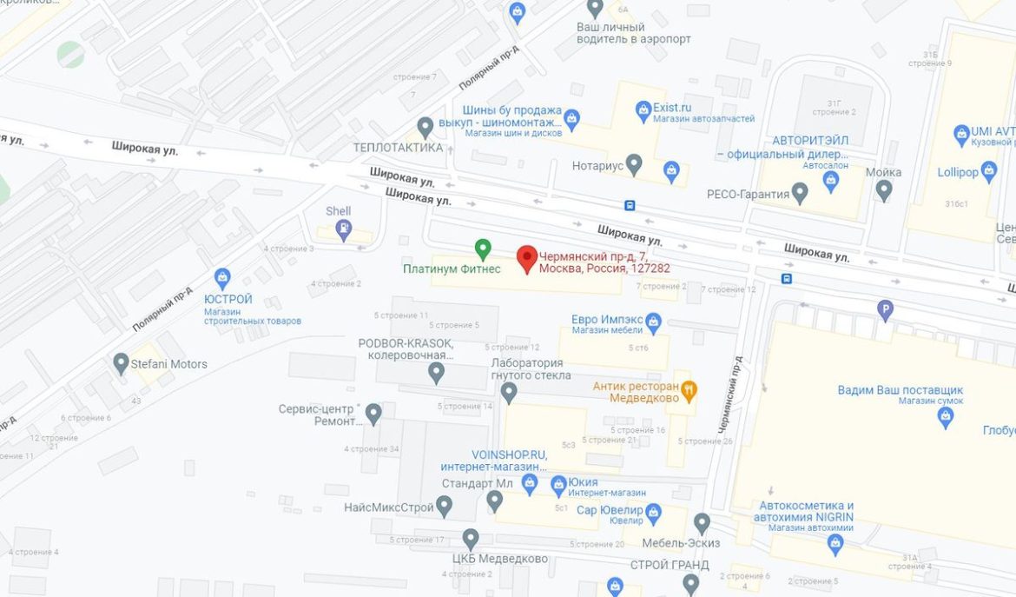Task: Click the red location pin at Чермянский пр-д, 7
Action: tap(526, 258)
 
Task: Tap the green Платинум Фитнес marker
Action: tap(483, 248)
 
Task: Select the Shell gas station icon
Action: tap(344, 229)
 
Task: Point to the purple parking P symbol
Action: tap(885, 308)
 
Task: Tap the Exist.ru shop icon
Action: tap(643, 109)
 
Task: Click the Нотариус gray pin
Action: tap(635, 163)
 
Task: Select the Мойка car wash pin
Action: tap(884, 189)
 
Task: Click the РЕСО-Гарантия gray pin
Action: tap(800, 193)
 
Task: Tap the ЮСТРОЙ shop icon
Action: tap(222, 278)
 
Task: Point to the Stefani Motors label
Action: tap(168, 364)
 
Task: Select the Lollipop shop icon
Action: tap(989, 170)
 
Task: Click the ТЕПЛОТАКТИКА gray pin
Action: tap(426, 128)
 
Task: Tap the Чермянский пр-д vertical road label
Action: tap(727, 395)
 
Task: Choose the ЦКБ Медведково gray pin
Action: tap(471, 539)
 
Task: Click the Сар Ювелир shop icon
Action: tap(654, 512)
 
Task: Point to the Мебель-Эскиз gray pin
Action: tap(702, 523)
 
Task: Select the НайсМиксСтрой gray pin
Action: tap(445, 505)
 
